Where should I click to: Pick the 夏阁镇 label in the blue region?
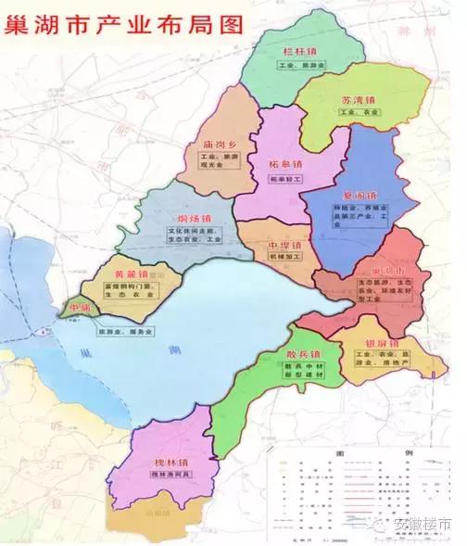coord(360,197)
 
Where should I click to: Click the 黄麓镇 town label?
coord(131,274)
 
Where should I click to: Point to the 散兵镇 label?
coord(303,355)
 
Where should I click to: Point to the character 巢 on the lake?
coord(86,354)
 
